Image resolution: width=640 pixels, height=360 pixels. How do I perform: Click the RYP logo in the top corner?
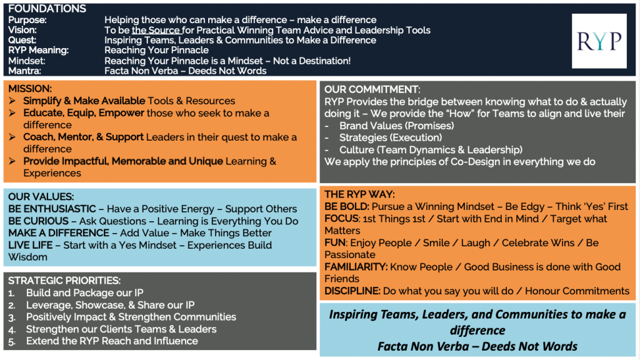pos(599,41)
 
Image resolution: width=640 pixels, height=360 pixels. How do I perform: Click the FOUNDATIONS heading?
pos(47,9)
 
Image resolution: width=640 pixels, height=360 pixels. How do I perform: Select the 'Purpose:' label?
pos(27,20)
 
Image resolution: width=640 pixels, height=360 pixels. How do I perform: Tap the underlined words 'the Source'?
pos(156,30)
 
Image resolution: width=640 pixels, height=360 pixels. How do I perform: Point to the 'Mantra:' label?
pos(24,71)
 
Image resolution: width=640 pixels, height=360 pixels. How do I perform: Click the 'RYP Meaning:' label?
pos(38,50)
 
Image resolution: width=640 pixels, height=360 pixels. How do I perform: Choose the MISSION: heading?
pos(30,89)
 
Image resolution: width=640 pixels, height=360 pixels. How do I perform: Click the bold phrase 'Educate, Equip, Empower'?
pos(84,113)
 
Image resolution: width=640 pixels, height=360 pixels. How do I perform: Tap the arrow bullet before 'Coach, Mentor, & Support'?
pos(12,137)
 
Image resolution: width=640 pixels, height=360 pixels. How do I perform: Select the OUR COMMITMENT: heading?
pos(372,89)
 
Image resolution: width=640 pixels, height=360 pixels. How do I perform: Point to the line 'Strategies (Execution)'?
pos(391,137)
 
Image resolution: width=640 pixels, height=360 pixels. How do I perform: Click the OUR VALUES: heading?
pos(41,197)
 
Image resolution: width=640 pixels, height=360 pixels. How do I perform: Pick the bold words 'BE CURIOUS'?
pos(38,221)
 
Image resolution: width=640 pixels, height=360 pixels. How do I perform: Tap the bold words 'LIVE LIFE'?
pos(30,245)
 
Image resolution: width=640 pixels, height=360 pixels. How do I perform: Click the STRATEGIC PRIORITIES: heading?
pos(64,281)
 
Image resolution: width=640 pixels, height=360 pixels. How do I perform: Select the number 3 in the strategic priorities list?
pos(11,317)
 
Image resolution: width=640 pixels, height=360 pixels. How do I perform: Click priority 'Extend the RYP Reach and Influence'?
pos(112,341)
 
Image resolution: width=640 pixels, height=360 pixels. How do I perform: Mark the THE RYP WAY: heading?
pos(359,194)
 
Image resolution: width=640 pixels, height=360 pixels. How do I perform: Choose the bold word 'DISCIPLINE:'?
pos(352,291)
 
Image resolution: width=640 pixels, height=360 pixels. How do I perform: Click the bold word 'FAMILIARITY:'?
pos(356,267)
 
